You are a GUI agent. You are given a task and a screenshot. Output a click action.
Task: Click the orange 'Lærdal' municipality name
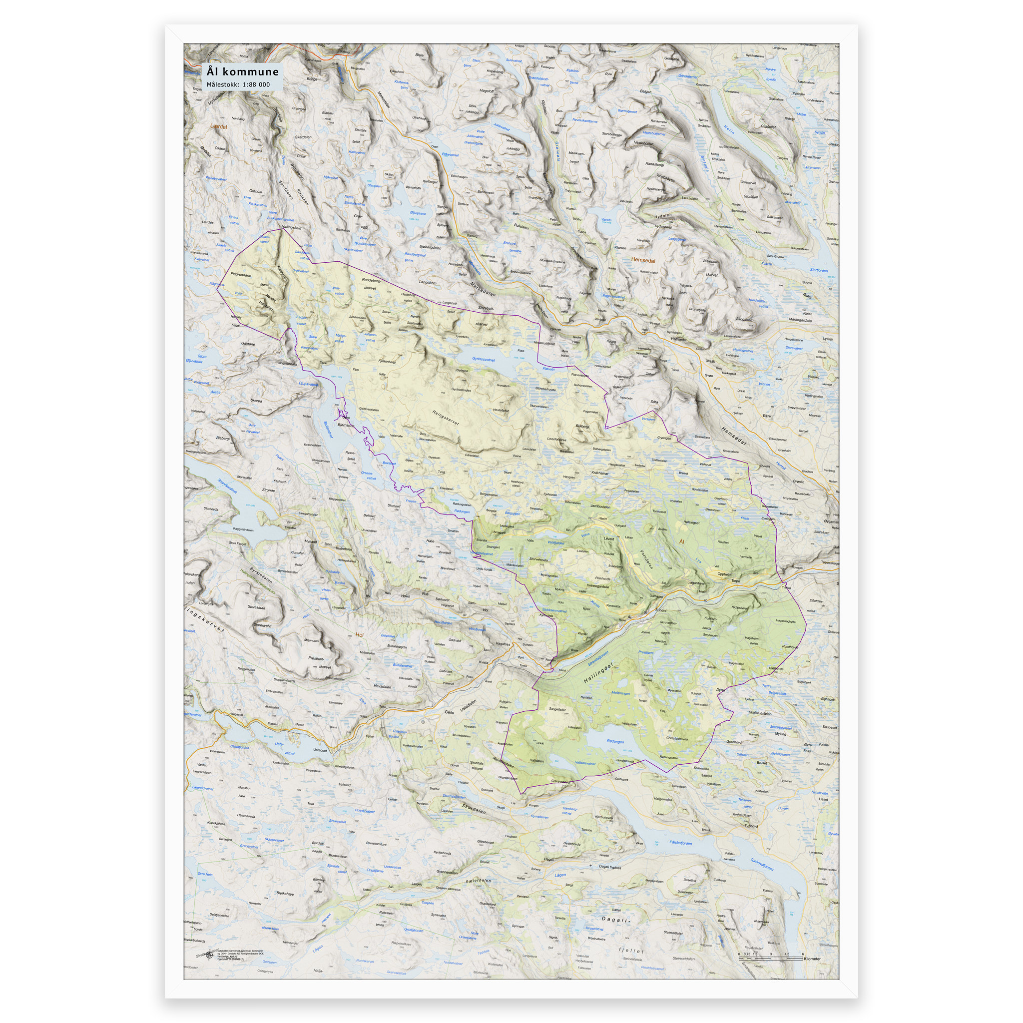(x=218, y=126)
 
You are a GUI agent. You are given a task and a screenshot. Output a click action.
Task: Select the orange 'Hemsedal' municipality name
(x=643, y=260)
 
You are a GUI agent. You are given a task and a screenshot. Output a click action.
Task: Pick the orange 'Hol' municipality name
(x=360, y=634)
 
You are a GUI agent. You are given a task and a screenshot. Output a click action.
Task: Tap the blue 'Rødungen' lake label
(x=615, y=741)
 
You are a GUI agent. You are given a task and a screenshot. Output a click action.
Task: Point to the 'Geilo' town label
(x=449, y=712)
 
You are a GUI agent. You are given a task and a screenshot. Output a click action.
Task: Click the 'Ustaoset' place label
(x=320, y=750)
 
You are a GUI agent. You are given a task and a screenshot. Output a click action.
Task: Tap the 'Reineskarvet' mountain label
(x=445, y=418)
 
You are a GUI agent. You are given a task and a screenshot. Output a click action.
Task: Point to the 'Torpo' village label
(x=735, y=581)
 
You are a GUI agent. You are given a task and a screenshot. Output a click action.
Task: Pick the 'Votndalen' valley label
(x=646, y=558)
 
